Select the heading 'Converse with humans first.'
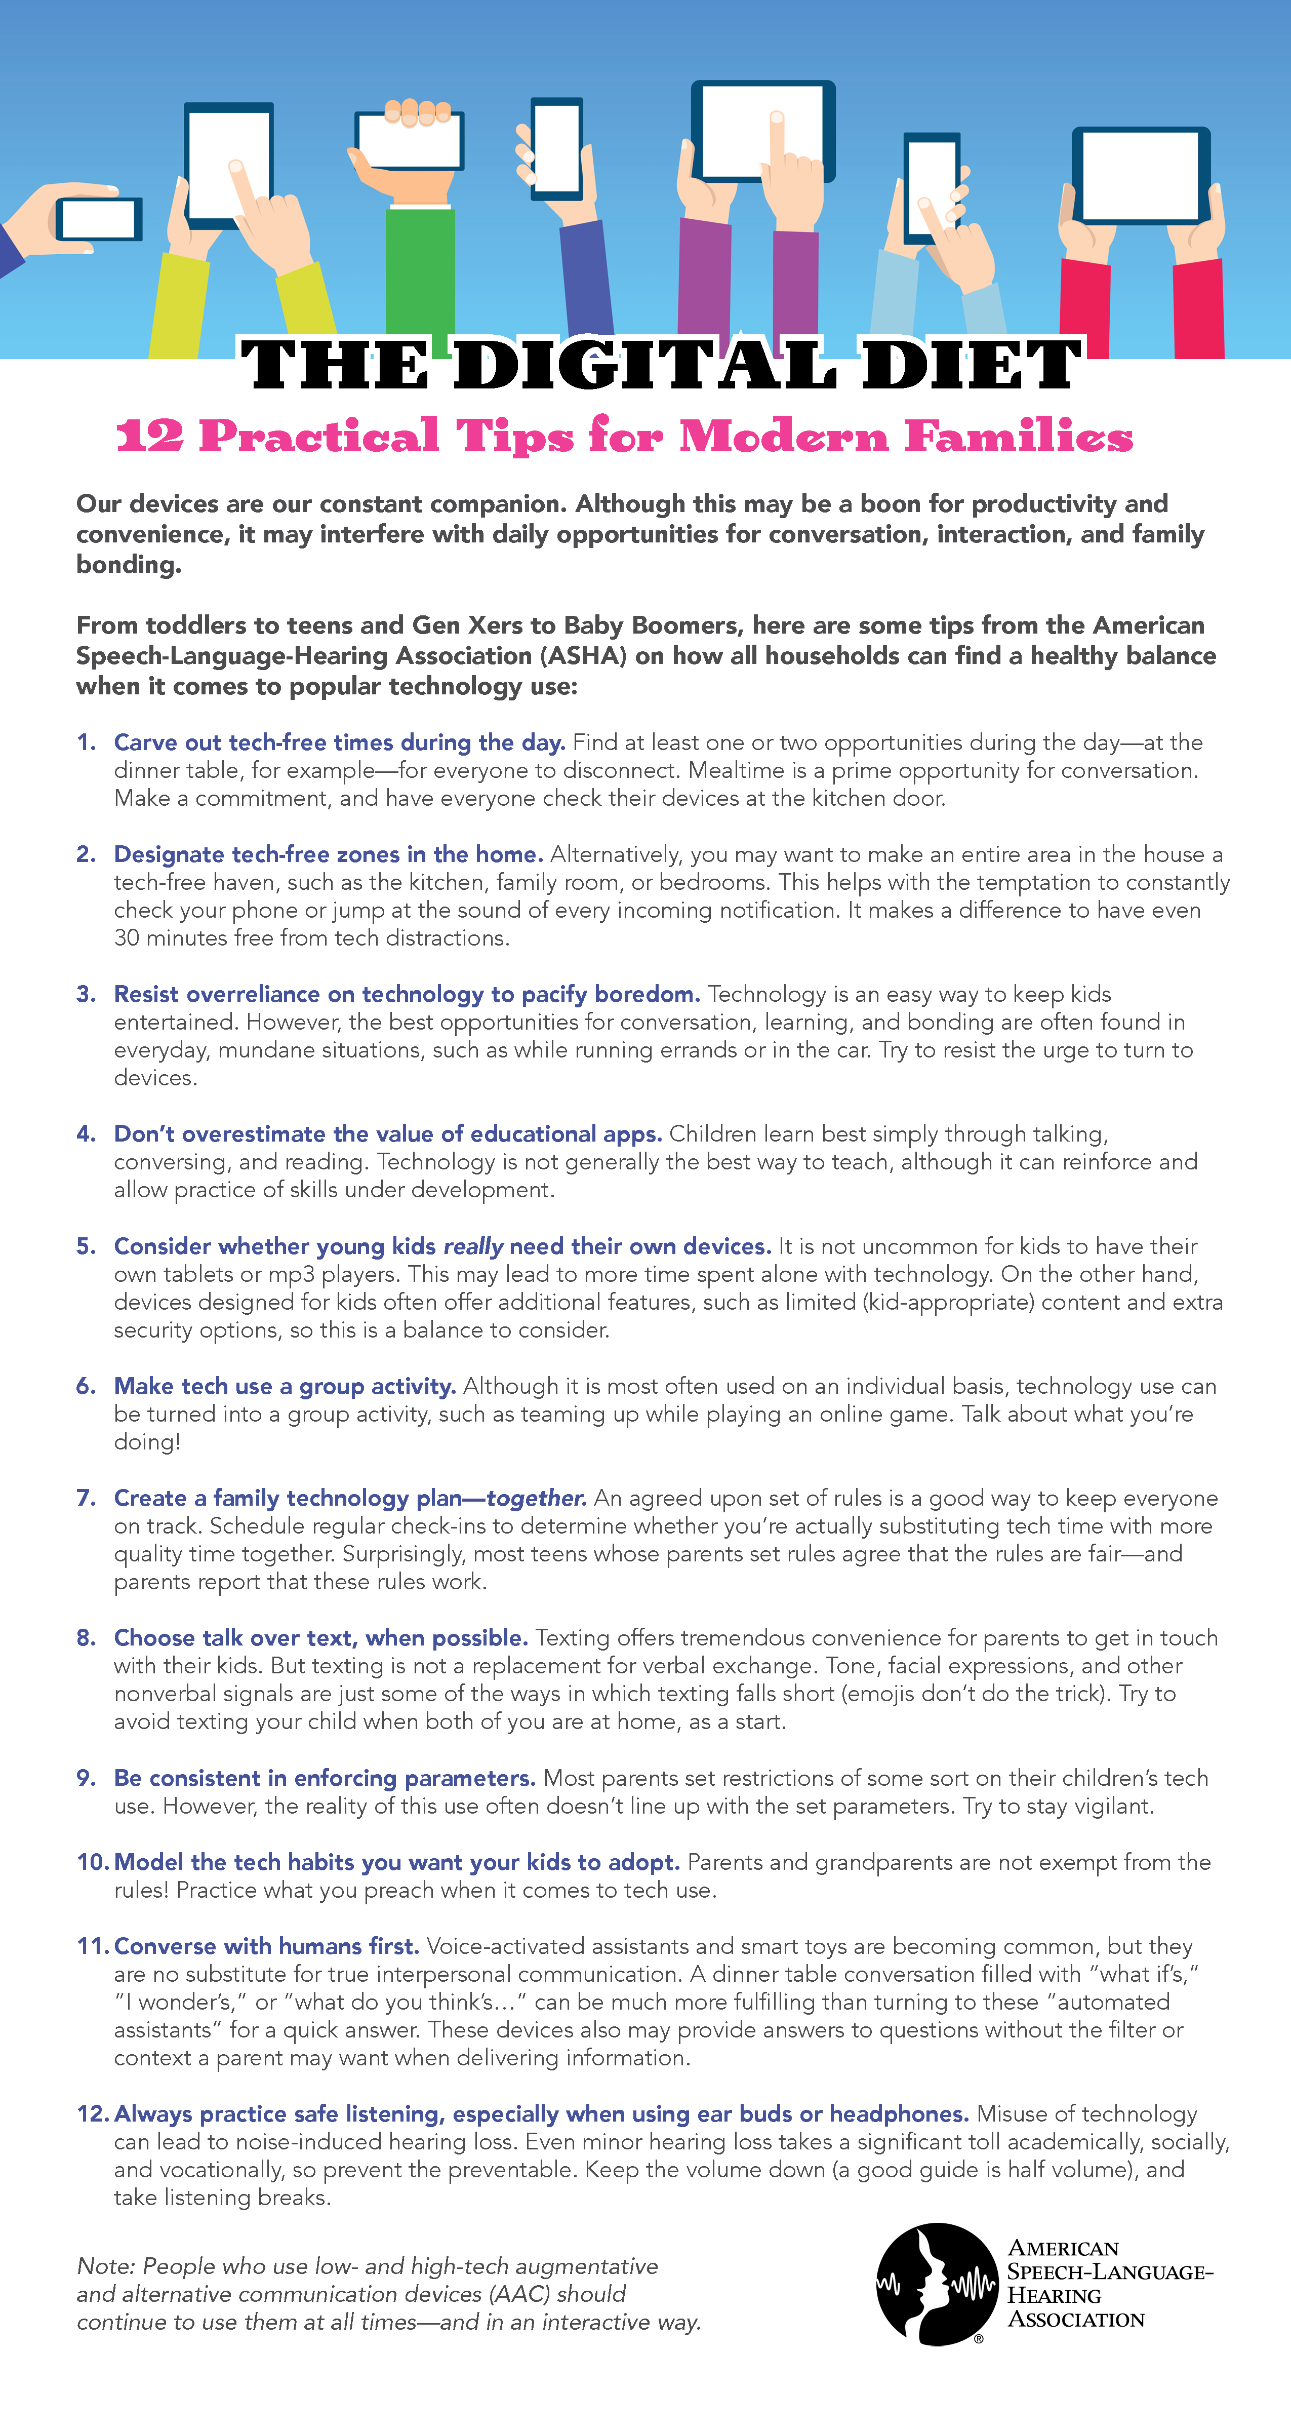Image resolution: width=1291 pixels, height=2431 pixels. pos(266,1946)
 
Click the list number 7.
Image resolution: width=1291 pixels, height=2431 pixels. pos(86,1498)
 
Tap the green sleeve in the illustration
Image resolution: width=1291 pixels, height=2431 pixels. pos(420,273)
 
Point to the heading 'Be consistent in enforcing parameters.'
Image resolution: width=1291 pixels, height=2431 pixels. pos(325,1778)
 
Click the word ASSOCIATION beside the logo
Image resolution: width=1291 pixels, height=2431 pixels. pos(1076,2320)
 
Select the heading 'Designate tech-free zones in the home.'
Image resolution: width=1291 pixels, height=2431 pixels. pos(328,854)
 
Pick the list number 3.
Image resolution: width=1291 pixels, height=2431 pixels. pos(86,994)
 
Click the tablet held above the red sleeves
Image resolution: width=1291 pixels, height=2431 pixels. pos(1140,176)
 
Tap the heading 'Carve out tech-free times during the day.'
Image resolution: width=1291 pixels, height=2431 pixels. pos(340,742)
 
